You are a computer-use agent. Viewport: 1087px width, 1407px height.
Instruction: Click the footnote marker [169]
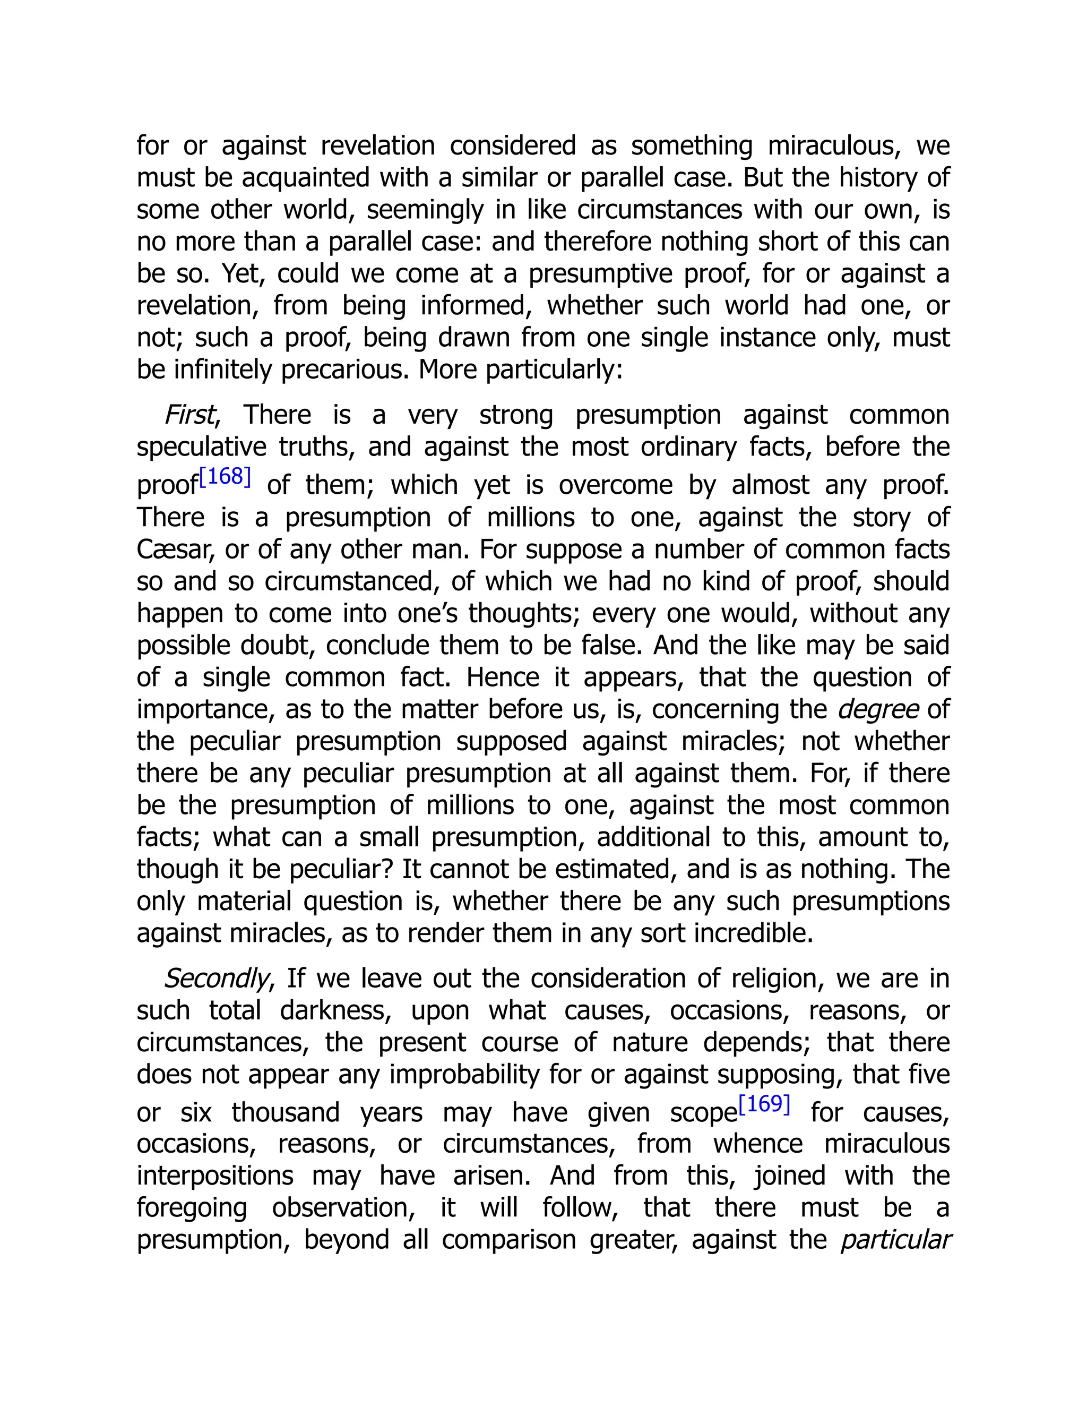pyautogui.click(x=764, y=1104)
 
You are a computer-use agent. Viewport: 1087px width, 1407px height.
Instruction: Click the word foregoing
pyautogui.click(x=192, y=1208)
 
